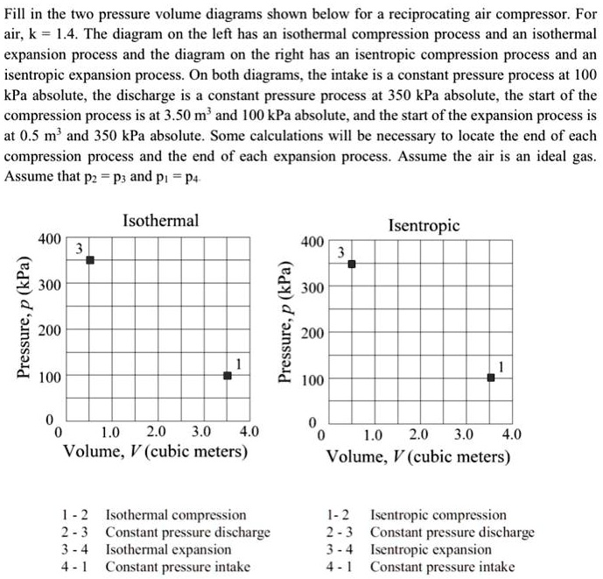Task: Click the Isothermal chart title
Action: point(160,220)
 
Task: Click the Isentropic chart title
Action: point(424,225)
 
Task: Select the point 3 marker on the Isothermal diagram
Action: point(89,260)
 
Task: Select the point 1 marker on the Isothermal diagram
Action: point(228,376)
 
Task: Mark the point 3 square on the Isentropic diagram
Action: point(352,264)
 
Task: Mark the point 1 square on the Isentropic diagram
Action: point(491,378)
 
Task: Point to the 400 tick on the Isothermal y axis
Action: point(49,238)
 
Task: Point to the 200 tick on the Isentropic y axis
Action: point(312,334)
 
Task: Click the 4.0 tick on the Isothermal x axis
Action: point(249,432)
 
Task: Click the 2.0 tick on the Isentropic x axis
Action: point(418,435)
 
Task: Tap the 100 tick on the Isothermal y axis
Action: point(49,378)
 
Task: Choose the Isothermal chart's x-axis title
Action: point(155,453)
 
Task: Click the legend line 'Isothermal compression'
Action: point(175,515)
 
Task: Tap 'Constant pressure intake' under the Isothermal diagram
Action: point(177,567)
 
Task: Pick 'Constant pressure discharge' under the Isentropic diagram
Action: point(452,533)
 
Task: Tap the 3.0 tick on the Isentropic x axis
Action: point(465,435)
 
